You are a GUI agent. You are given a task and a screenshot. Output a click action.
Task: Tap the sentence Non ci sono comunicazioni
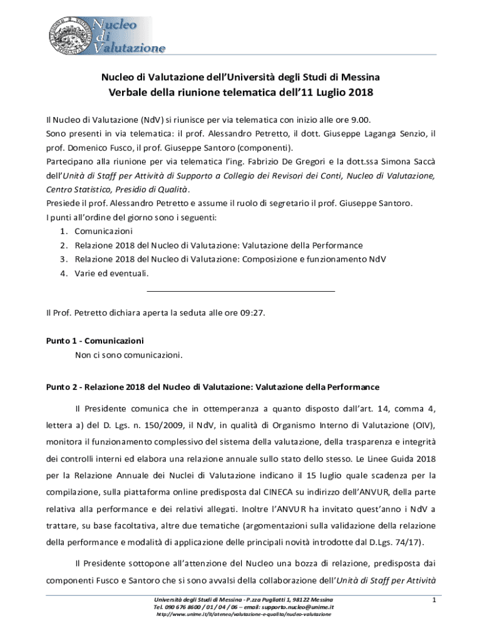[129, 355]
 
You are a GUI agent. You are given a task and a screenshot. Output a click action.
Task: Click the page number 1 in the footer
[434, 601]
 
